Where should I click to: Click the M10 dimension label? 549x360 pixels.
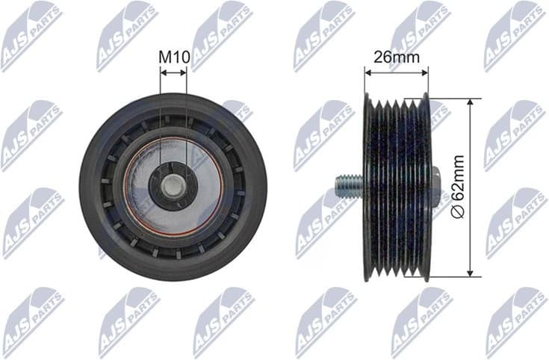point(173,56)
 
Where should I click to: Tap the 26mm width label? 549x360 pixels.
point(396,56)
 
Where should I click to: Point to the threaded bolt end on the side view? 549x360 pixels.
point(347,186)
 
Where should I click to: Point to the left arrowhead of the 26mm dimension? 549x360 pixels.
point(367,72)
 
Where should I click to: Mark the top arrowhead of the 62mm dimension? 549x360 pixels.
point(469,102)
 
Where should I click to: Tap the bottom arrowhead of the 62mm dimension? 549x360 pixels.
point(469,272)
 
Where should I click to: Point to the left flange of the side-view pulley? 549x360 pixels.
point(367,187)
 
